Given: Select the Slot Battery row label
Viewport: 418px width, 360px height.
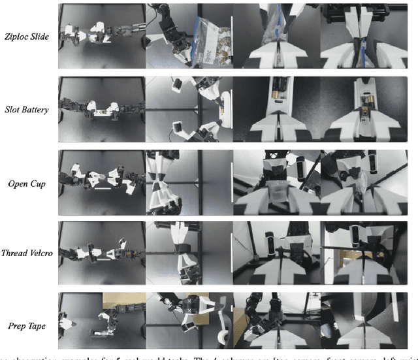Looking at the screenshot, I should coord(26,110).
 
